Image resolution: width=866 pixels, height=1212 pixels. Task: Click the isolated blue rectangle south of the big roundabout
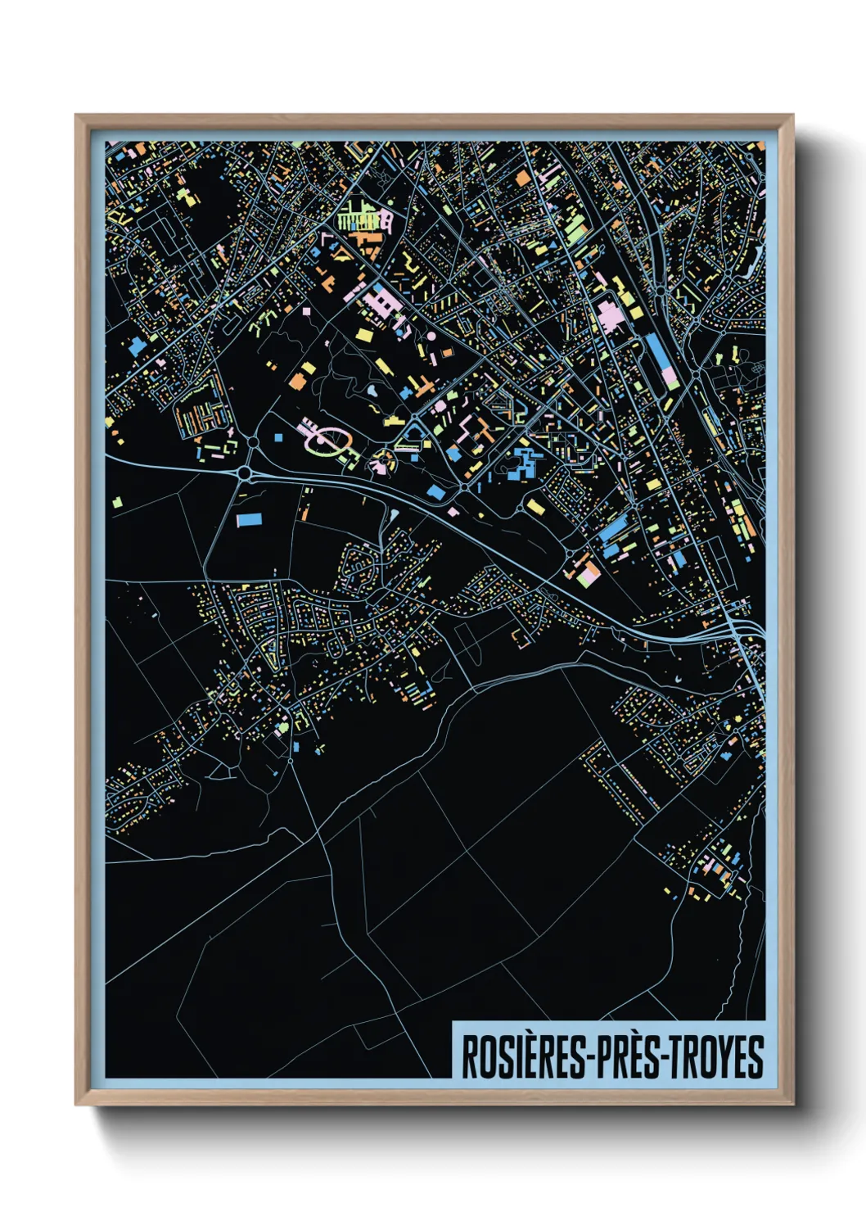click(248, 519)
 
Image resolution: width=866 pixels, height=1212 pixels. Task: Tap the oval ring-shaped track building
click(325, 441)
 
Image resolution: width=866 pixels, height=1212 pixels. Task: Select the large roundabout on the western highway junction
click(245, 473)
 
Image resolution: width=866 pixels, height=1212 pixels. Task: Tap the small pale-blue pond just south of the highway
click(395, 515)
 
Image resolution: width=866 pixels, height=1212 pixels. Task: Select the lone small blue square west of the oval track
click(277, 437)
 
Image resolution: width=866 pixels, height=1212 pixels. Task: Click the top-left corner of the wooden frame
click(77, 116)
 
